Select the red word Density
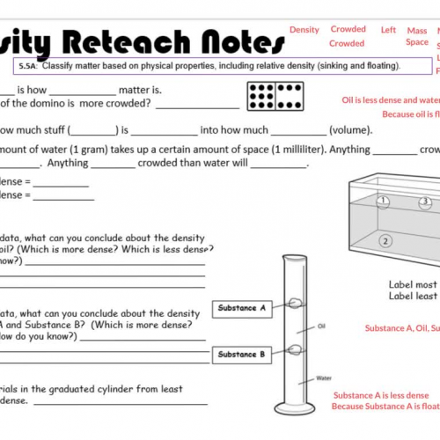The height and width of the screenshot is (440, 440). (304, 30)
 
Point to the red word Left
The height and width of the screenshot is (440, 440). (388, 29)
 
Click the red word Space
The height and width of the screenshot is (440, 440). (417, 42)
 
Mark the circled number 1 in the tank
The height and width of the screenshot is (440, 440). (384, 201)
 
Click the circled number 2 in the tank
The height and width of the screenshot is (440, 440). (385, 240)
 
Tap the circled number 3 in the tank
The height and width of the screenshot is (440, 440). (425, 202)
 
